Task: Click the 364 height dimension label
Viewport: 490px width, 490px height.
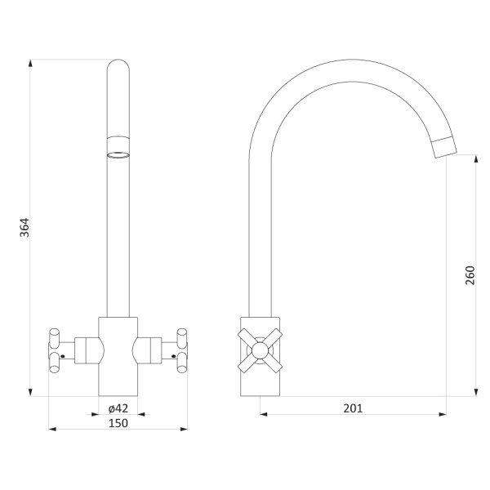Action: (x=24, y=228)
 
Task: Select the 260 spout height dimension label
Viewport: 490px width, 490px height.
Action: (x=470, y=275)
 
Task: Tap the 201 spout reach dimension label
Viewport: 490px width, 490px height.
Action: (x=353, y=408)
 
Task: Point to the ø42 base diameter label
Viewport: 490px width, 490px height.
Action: (x=118, y=408)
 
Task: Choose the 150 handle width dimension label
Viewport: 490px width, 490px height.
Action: (x=118, y=423)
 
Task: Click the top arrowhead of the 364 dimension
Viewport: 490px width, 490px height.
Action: (x=30, y=63)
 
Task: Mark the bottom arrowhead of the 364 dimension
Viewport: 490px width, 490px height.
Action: (x=30, y=392)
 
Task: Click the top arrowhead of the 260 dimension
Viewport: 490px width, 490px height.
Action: (x=476, y=158)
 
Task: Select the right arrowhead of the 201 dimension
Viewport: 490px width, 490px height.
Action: (x=443, y=414)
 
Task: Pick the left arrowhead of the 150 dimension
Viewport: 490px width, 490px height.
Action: (x=52, y=429)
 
